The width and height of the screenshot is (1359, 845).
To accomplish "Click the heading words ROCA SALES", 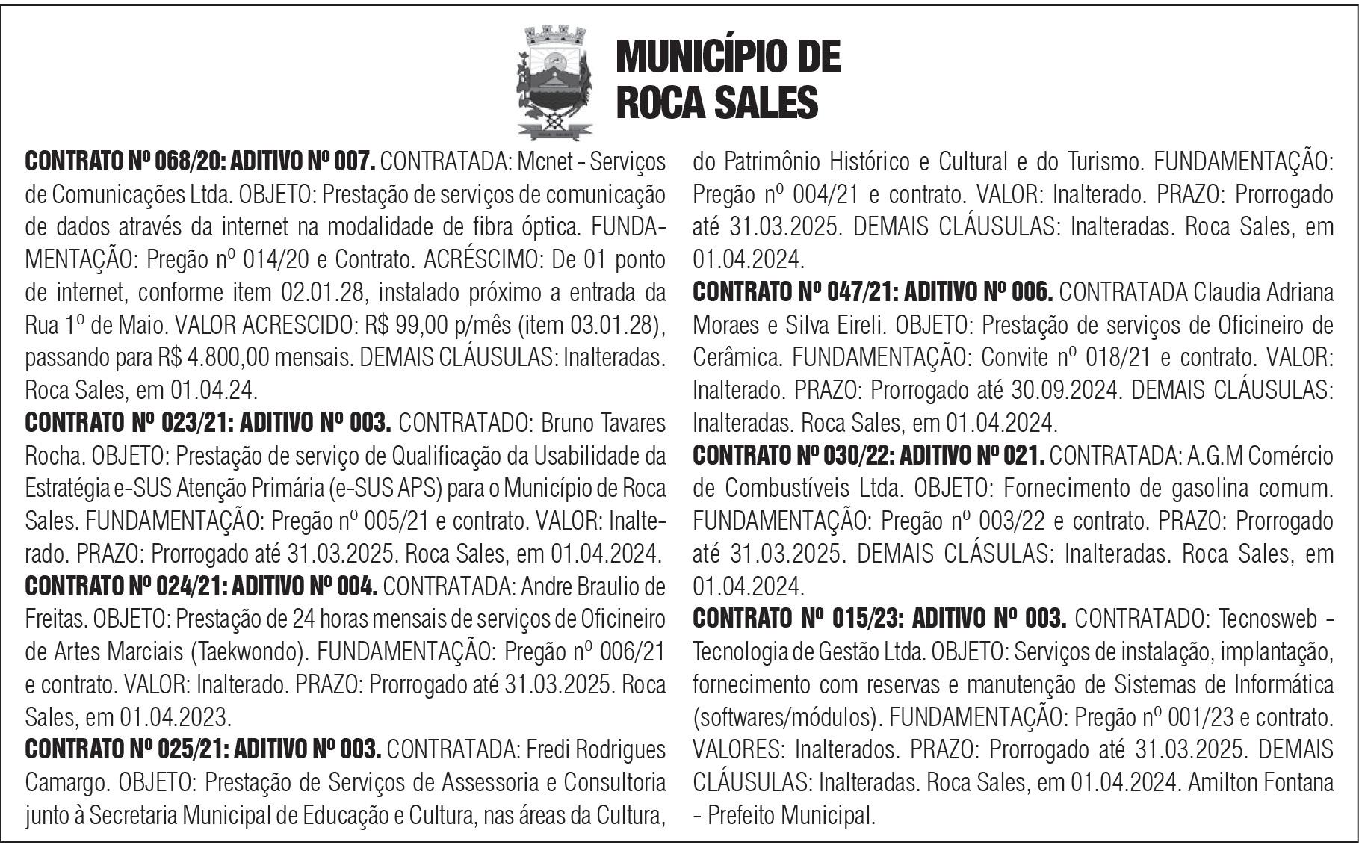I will pos(716,102).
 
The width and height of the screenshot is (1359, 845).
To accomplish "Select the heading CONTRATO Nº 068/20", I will pos(126,161).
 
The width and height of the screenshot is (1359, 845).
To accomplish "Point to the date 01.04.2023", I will pos(175,718).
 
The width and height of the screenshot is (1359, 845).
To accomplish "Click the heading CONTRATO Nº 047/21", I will pos(793,291).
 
